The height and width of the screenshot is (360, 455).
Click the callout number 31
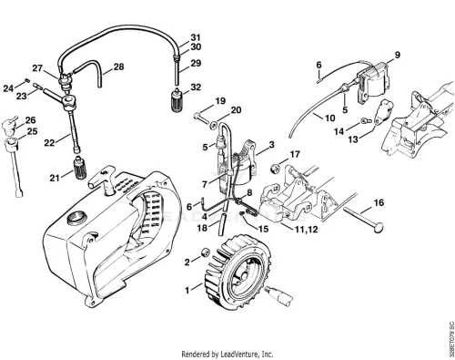pyautogui.click(x=196, y=37)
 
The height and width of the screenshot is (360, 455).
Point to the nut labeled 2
pyautogui.click(x=206, y=252)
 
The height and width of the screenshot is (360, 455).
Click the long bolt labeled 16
pyautogui.click(x=363, y=219)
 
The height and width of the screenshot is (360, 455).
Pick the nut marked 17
pyautogui.click(x=275, y=169)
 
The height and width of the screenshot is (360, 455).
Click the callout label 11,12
pyautogui.click(x=307, y=230)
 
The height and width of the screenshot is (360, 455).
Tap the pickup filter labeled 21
pyautogui.click(x=80, y=169)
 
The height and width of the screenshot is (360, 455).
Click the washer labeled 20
pyautogui.click(x=213, y=124)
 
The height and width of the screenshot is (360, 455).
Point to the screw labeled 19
pyautogui.click(x=201, y=118)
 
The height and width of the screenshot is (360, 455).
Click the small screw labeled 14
pyautogui.click(x=366, y=121)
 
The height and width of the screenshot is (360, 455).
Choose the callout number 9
pyautogui.click(x=397, y=55)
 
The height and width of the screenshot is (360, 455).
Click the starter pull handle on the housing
pyautogui.click(x=102, y=179)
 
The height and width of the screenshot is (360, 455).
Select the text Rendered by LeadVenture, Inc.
pyautogui.click(x=227, y=354)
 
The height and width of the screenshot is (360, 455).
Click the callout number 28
pyautogui.click(x=118, y=67)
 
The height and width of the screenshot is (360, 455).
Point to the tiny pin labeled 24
pyautogui.click(x=26, y=80)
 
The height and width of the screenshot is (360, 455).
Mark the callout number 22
pyautogui.click(x=49, y=142)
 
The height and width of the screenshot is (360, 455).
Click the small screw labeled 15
pyautogui.click(x=243, y=213)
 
